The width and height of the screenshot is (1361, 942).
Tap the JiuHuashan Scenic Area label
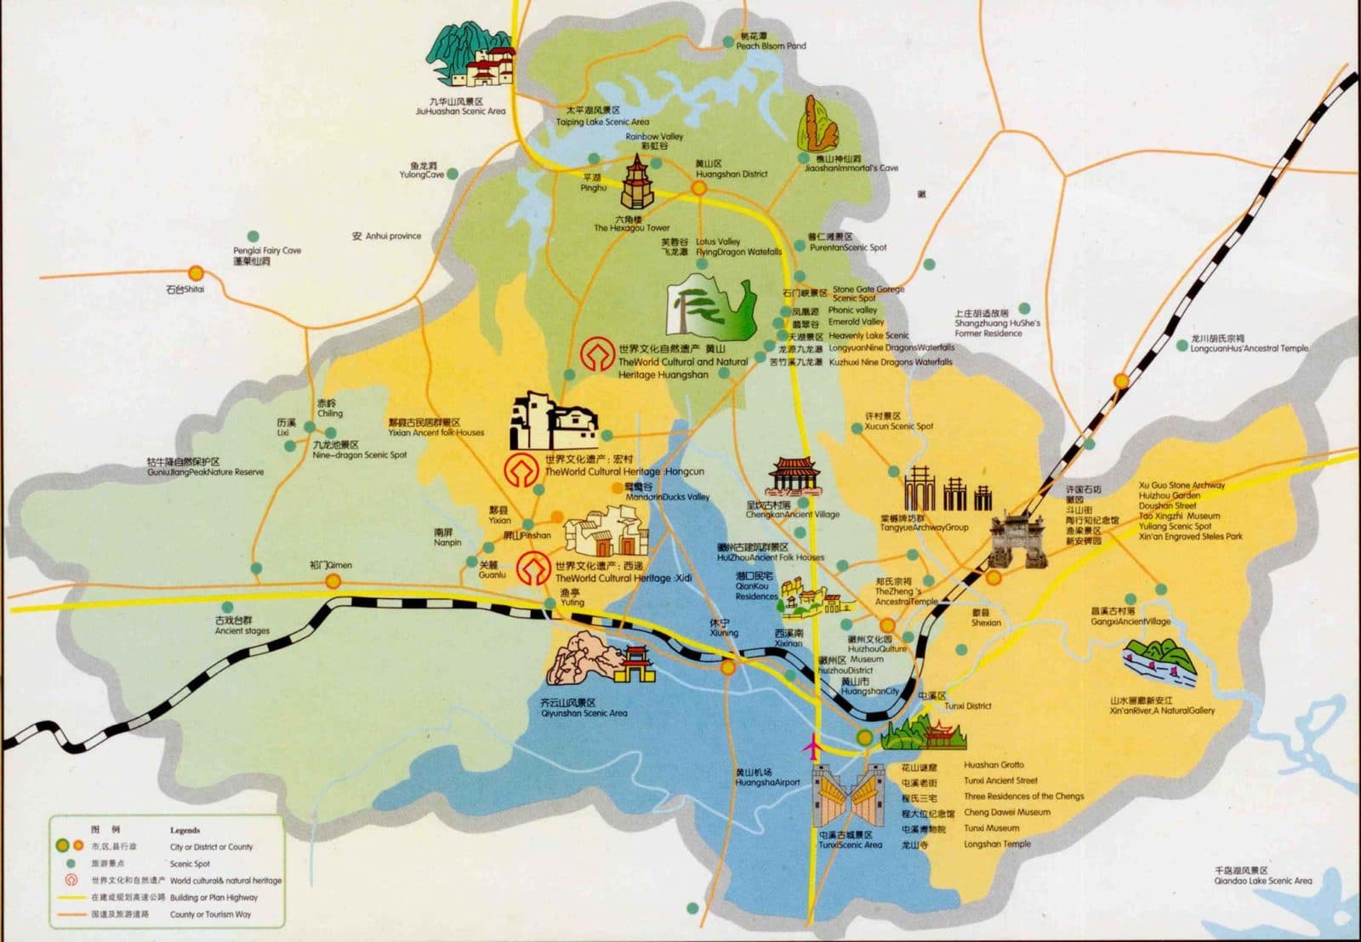pos(460,106)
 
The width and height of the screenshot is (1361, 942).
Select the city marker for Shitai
pos(196,274)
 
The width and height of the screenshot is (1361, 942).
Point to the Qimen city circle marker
pos(333,581)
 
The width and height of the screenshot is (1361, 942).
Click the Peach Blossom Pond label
pos(770,42)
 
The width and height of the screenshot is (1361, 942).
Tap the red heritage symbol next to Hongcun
pos(522,470)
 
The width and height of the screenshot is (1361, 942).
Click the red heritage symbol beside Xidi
pos(534,568)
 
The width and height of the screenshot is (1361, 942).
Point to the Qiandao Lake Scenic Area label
pos(1262,876)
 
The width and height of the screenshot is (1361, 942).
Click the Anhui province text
pos(387,236)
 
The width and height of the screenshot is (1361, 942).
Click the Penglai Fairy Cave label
pos(266,255)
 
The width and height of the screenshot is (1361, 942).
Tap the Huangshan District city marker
pos(699,187)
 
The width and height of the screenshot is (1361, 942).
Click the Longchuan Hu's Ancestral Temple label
pos(1248,344)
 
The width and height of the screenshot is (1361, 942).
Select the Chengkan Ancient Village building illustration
pos(794,477)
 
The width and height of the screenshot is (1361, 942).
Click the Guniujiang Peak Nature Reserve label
pos(205,467)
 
